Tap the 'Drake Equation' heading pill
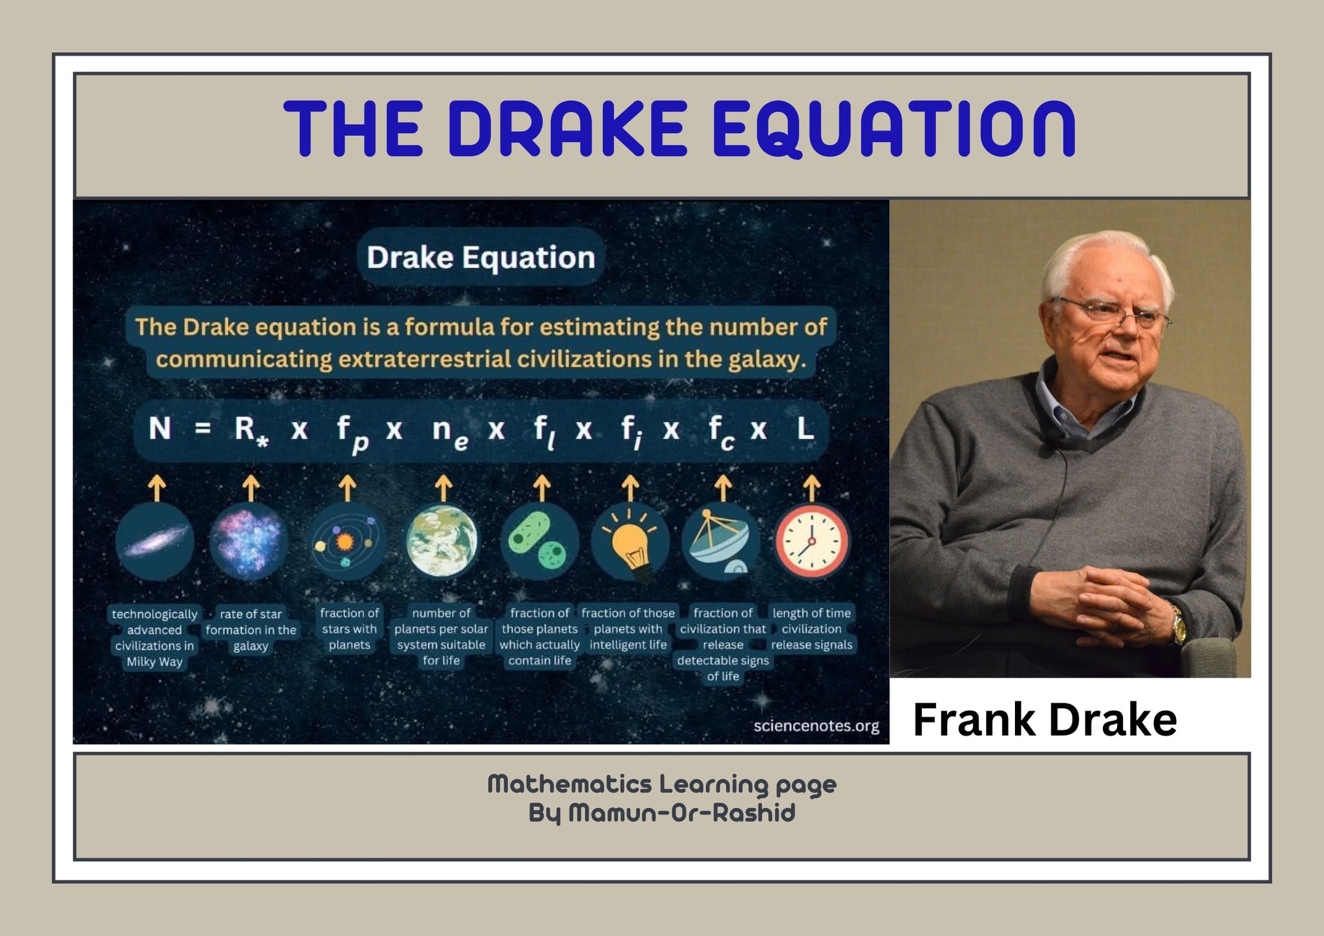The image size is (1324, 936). click(480, 257)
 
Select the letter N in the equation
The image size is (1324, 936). click(160, 428)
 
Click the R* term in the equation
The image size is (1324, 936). click(251, 431)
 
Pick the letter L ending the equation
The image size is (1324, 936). click(805, 428)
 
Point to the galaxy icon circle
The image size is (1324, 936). click(155, 542)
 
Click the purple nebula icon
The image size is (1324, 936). click(249, 542)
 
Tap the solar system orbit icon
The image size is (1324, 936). click(347, 542)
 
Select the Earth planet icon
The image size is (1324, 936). click(442, 542)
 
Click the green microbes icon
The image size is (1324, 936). click(539, 542)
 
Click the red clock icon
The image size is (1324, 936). click(812, 542)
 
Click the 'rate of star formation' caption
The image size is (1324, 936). click(251, 630)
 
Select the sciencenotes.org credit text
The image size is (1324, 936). click(817, 726)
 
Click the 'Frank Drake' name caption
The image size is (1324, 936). click(1044, 720)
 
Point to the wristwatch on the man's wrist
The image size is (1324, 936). click(1179, 624)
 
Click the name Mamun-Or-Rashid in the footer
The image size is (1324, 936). click(681, 813)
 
